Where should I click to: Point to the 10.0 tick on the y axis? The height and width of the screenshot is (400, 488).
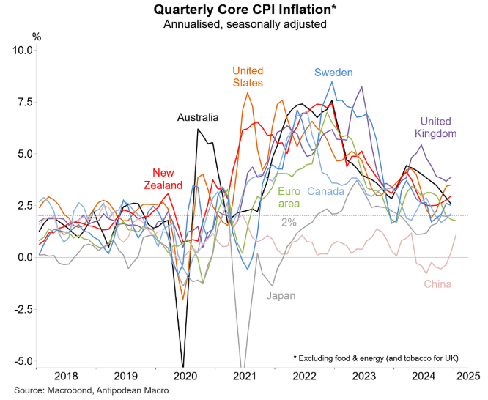click(x=21, y=50)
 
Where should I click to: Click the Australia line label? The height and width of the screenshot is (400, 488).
click(x=198, y=117)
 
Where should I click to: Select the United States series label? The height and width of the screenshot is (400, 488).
click(x=248, y=76)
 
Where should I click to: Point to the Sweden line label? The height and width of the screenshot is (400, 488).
click(x=333, y=73)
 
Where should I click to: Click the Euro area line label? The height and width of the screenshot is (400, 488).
click(x=289, y=198)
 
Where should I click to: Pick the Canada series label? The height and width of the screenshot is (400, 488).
click(x=327, y=192)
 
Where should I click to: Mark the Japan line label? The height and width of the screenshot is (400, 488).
click(x=280, y=296)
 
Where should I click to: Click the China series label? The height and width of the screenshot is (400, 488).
click(x=437, y=284)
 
